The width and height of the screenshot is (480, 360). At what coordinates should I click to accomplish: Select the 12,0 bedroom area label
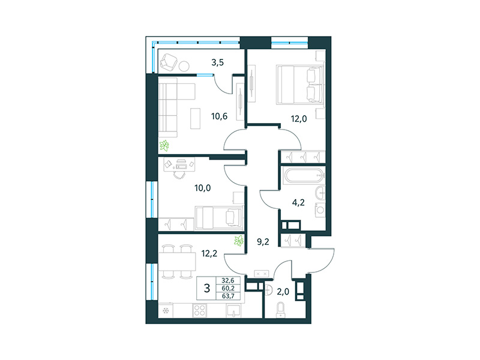(299, 118)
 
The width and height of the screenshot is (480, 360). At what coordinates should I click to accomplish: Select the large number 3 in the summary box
(207, 289)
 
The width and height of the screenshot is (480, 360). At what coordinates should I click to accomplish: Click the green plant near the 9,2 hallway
(239, 241)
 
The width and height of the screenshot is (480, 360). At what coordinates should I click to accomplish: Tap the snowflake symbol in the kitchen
(165, 311)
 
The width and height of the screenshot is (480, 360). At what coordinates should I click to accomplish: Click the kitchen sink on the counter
(234, 310)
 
